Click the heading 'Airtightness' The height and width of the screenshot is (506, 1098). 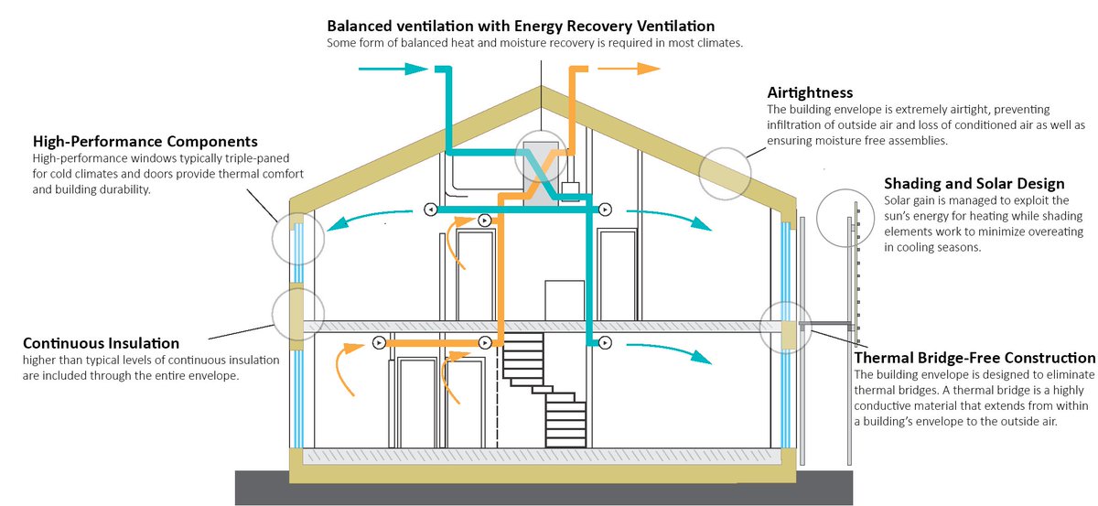pos(811,92)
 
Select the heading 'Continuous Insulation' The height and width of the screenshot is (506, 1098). pos(102,343)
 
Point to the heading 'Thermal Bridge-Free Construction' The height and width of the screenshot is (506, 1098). pos(974,358)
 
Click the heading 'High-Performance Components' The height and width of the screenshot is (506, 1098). pos(145,142)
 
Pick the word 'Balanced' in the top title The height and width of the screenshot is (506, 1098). pos(360,26)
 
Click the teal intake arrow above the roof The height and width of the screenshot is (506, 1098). pos(392,69)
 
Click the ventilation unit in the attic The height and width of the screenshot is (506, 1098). pos(540,168)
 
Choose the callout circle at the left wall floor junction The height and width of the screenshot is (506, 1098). pos(297,316)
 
